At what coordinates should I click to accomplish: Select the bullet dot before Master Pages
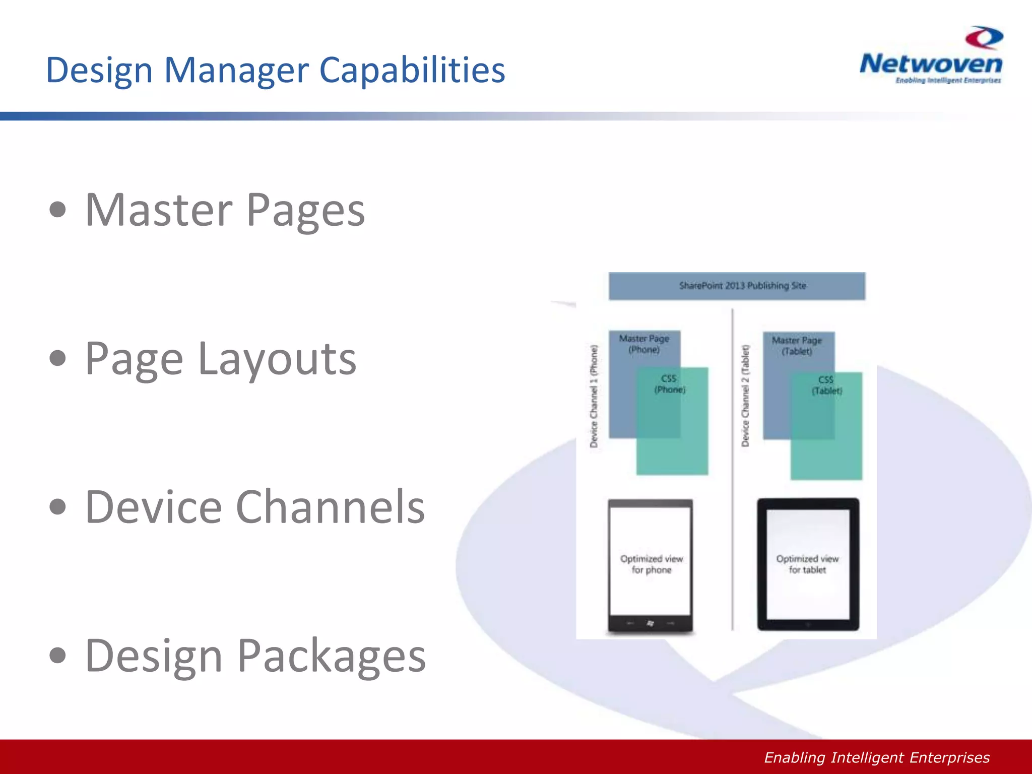[58, 210]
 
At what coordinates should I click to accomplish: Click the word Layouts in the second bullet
[277, 359]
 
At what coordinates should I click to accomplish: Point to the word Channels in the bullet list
[331, 507]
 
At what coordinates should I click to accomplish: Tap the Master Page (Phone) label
[644, 344]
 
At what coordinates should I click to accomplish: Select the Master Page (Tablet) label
[797, 346]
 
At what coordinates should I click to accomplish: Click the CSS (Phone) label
[670, 384]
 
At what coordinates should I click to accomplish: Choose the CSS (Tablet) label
[826, 385]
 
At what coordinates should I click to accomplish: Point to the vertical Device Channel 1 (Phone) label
[594, 396]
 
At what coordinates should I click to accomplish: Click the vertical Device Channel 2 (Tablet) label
[745, 396]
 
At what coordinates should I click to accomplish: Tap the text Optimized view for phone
[652, 564]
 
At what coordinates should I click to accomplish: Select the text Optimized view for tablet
[807, 564]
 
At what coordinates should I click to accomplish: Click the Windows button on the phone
[650, 624]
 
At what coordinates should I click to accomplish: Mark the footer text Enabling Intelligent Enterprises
[877, 757]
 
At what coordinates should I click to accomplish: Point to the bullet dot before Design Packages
[58, 656]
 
